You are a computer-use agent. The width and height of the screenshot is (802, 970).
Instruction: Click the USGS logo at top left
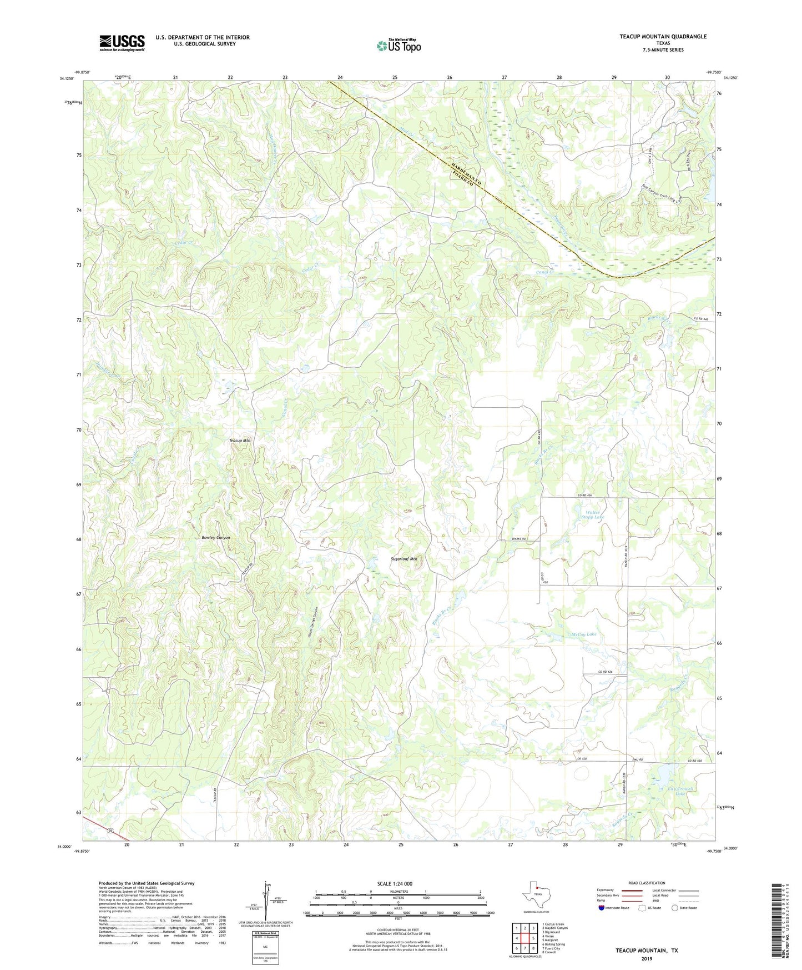click(122, 42)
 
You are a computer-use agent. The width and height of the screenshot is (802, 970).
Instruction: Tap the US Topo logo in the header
click(399, 46)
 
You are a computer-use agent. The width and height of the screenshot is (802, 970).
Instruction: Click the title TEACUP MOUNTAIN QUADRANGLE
click(663, 37)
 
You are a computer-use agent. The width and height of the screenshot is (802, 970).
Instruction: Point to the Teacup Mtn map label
click(240, 440)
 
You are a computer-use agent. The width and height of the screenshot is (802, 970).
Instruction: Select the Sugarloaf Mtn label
click(403, 559)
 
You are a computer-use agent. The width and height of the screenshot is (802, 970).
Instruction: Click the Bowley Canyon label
click(215, 538)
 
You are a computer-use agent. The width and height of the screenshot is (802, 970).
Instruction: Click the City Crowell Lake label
click(680, 791)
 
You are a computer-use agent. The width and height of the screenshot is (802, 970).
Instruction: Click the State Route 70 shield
click(110, 831)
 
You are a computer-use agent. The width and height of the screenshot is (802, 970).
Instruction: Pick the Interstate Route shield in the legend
click(602, 908)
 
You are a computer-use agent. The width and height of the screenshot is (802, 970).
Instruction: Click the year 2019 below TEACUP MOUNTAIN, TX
click(647, 959)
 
